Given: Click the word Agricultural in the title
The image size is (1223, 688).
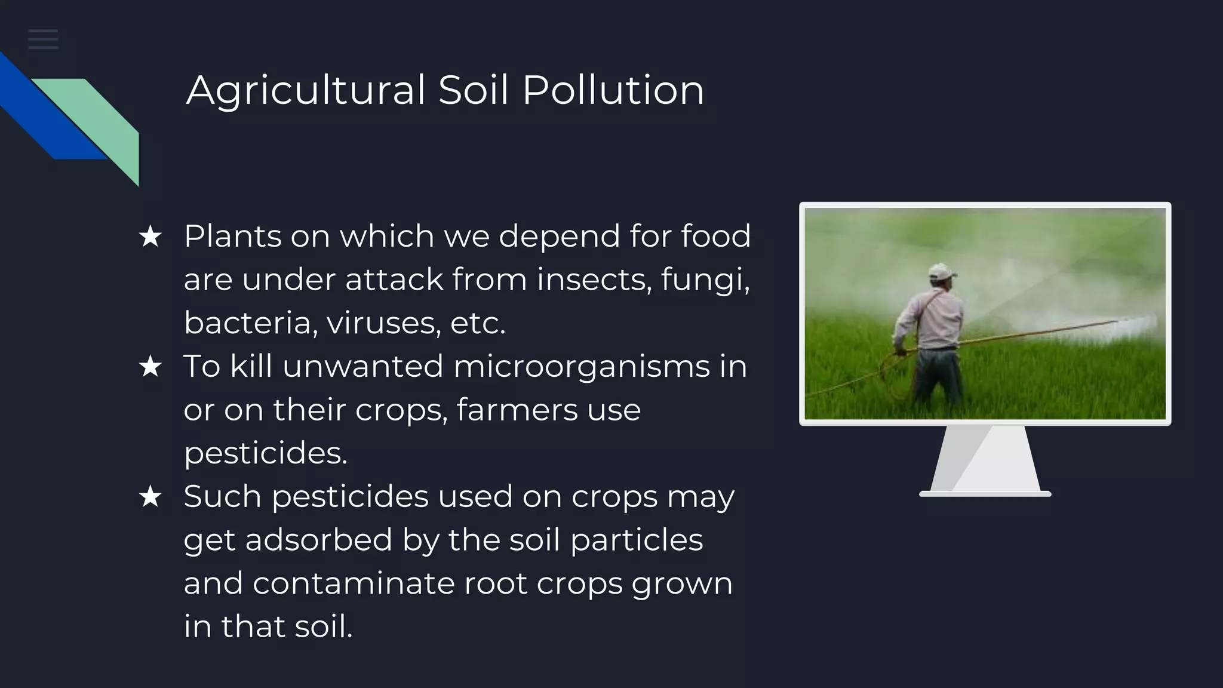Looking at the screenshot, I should pyautogui.click(x=305, y=91).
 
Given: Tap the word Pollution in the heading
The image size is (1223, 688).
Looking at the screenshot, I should pyautogui.click(x=613, y=91).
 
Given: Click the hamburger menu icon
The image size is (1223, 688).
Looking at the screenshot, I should pyautogui.click(x=43, y=39).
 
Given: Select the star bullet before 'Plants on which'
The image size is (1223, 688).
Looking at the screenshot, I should pyautogui.click(x=150, y=236).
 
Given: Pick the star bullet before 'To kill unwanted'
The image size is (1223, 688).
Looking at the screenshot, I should pyautogui.click(x=150, y=367).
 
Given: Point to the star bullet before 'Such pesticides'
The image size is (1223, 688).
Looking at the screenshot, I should pyautogui.click(x=150, y=497).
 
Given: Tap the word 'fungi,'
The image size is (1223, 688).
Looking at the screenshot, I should pyautogui.click(x=705, y=279).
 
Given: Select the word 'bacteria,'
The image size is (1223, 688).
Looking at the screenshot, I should pyautogui.click(x=250, y=323).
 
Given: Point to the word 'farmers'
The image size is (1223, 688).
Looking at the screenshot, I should pyautogui.click(x=517, y=410).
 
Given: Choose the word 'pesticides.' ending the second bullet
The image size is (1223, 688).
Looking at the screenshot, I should pyautogui.click(x=265, y=453).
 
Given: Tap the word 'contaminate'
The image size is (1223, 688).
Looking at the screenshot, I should pyautogui.click(x=353, y=583).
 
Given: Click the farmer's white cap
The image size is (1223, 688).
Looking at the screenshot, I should pyautogui.click(x=942, y=272).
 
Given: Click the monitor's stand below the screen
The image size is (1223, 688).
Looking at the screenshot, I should pyautogui.click(x=985, y=460).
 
